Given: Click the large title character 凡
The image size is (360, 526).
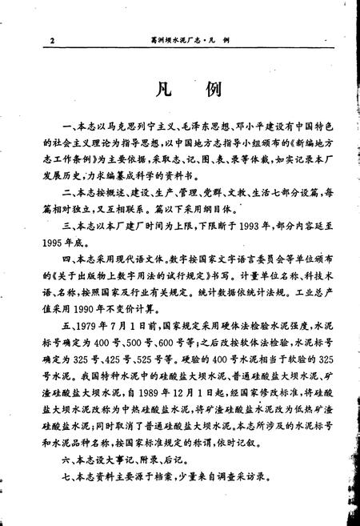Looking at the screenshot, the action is pyautogui.click(x=157, y=87).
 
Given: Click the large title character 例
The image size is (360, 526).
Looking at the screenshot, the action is pyautogui.click(x=210, y=87).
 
